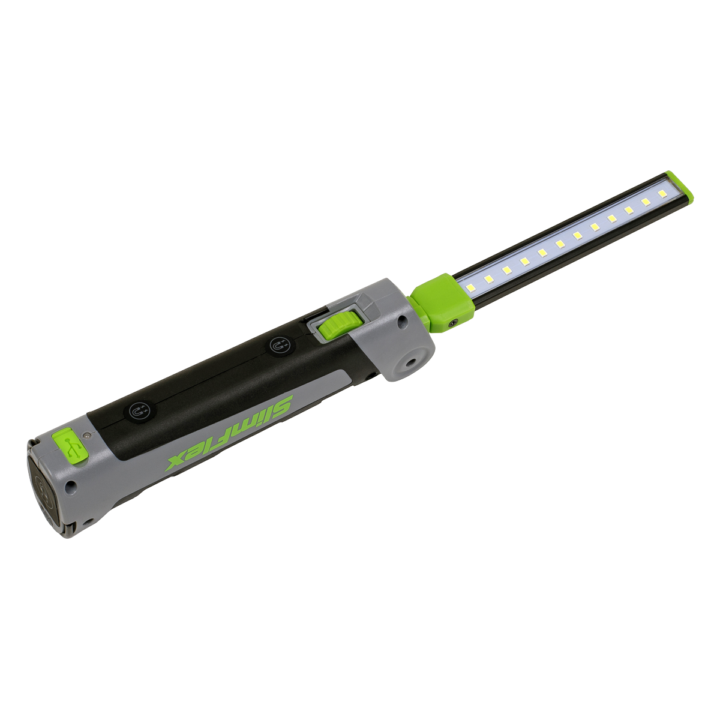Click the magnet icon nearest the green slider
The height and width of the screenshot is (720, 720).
(x=280, y=346)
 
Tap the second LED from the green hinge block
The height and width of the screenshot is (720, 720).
(x=488, y=280)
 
